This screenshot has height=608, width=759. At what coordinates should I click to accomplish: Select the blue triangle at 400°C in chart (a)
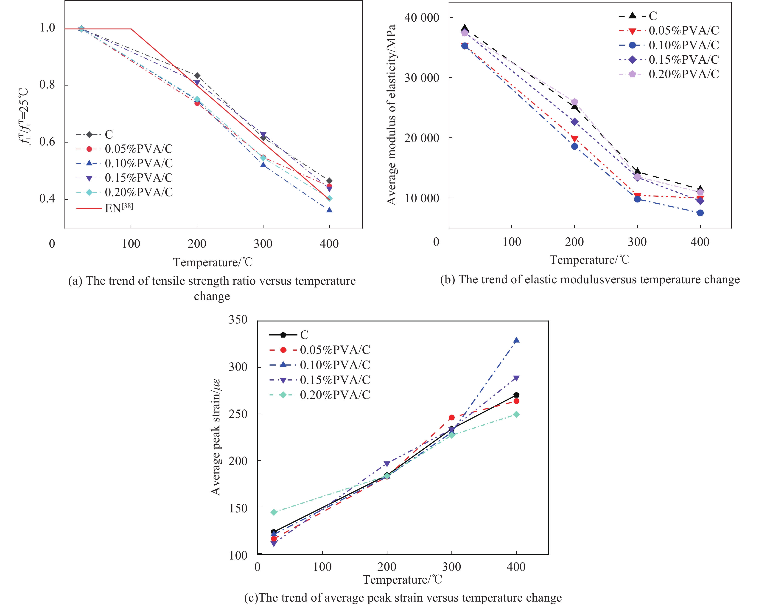[329, 210]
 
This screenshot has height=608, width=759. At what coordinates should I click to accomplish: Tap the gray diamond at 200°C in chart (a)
[197, 76]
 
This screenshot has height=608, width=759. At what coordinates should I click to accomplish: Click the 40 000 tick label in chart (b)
[421, 18]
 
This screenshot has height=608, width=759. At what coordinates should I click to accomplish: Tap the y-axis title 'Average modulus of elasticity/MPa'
[392, 115]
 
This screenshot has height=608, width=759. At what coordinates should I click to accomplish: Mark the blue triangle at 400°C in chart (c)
[516, 340]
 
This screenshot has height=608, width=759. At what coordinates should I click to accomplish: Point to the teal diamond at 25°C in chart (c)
[274, 512]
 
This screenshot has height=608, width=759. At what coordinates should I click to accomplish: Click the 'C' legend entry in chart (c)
[304, 335]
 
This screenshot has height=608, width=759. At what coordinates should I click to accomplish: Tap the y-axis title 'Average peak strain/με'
[216, 437]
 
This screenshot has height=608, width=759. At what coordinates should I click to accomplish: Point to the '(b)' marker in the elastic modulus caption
[448, 279]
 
